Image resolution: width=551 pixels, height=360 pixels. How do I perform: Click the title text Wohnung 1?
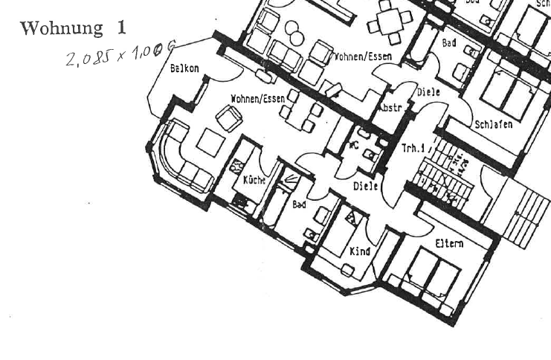pyautogui.click(x=73, y=28)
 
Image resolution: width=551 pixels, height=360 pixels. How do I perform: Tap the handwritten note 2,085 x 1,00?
pyautogui.click(x=119, y=54)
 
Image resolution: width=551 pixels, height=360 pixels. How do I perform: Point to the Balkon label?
pyautogui.click(x=184, y=68)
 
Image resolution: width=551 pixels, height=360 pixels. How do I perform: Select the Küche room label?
pyautogui.click(x=254, y=181)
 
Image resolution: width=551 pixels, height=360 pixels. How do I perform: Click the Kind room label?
pyautogui.click(x=360, y=251)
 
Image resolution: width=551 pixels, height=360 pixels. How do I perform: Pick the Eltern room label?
pyautogui.click(x=449, y=243)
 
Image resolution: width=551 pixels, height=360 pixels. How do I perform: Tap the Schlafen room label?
pyautogui.click(x=494, y=124)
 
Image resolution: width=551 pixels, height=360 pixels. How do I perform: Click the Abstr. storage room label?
pyautogui.click(x=390, y=108)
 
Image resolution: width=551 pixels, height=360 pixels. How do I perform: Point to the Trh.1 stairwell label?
pyautogui.click(x=413, y=149)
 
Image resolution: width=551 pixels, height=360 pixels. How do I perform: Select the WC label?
pyautogui.click(x=354, y=145)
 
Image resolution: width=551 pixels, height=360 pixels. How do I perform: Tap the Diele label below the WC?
pyautogui.click(x=365, y=186)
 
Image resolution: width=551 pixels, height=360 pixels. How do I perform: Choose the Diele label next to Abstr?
pyautogui.click(x=428, y=92)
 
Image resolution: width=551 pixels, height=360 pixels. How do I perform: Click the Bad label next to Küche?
pyautogui.click(x=299, y=204)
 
